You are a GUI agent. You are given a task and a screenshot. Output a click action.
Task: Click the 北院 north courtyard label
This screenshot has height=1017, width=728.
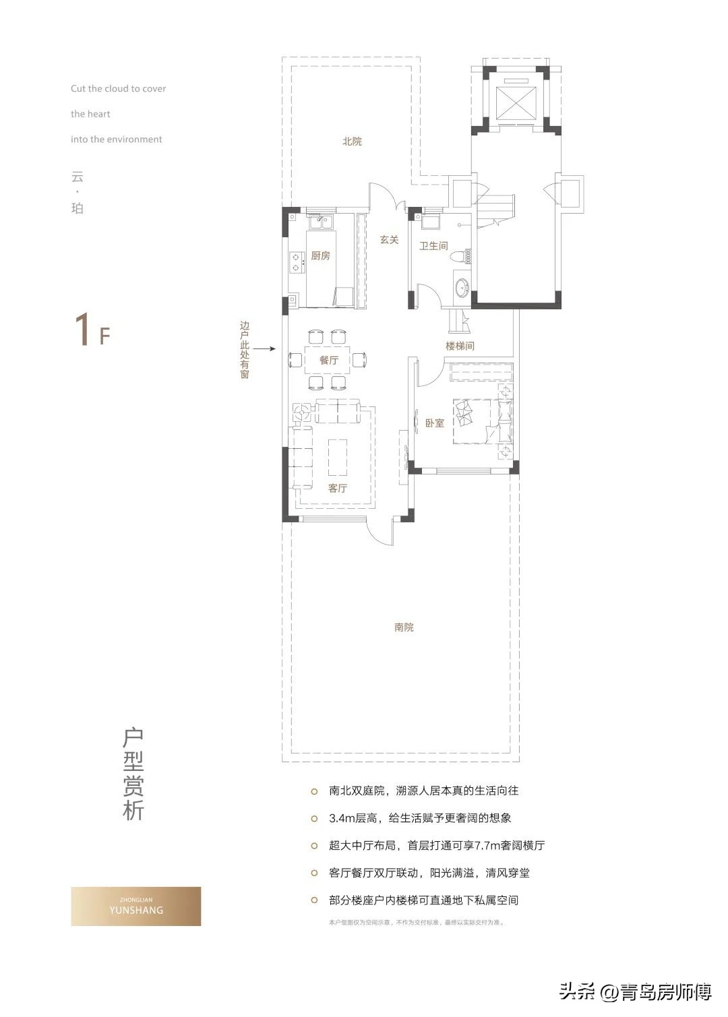(x=352, y=142)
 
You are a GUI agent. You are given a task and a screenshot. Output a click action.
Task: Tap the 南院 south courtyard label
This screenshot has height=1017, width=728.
(x=404, y=627)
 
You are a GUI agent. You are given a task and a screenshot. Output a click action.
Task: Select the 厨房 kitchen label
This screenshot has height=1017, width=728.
(x=320, y=256)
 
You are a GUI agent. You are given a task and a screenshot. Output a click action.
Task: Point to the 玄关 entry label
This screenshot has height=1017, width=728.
(x=389, y=240)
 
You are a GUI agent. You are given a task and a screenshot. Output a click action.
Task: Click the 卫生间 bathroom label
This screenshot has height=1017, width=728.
(x=433, y=246)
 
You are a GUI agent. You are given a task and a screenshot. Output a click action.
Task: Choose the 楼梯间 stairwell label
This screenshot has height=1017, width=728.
(x=460, y=346)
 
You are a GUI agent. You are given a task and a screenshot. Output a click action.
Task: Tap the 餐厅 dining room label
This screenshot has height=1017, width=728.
(x=329, y=361)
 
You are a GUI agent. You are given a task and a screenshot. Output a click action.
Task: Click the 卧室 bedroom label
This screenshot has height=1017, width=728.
(x=435, y=423)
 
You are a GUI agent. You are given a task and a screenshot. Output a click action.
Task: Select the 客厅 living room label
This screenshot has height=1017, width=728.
(x=337, y=488)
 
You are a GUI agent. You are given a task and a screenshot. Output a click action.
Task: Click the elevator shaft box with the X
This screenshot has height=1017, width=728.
(x=516, y=103)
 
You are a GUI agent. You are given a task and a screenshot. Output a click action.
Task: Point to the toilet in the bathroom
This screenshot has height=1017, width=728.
(x=462, y=255)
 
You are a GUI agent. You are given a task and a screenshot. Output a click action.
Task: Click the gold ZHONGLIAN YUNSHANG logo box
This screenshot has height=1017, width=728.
(x=136, y=906)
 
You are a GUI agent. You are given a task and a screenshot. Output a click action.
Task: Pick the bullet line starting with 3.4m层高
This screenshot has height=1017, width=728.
(x=420, y=818)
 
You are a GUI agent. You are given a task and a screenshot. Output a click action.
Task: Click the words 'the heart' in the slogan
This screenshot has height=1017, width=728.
(x=90, y=114)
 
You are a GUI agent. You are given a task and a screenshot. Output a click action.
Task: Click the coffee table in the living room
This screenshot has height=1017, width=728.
(x=338, y=458)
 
